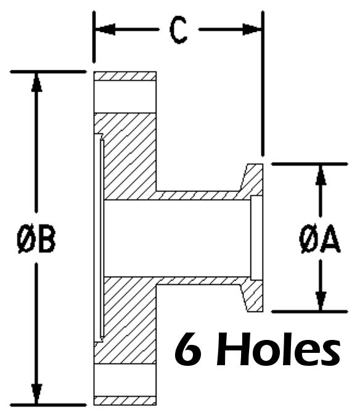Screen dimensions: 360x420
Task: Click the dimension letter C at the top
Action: (x=179, y=31)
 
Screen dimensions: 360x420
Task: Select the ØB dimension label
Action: (x=36, y=239)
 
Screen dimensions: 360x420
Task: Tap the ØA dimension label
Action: (x=320, y=239)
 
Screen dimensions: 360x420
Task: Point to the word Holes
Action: (x=279, y=349)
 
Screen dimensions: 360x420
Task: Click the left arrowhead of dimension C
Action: (x=105, y=29)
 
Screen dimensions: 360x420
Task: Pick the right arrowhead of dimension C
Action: (x=252, y=29)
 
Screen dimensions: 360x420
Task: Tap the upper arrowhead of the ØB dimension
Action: (x=36, y=82)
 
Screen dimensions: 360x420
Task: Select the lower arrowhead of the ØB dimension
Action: (x=36, y=394)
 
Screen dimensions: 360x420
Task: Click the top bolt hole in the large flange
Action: (x=125, y=97)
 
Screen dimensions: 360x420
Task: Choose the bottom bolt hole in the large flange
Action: (x=125, y=381)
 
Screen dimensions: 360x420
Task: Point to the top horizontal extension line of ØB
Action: (x=48, y=72)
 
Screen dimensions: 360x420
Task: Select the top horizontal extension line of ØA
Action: (x=309, y=164)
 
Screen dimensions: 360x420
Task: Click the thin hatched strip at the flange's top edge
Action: (x=125, y=76)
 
